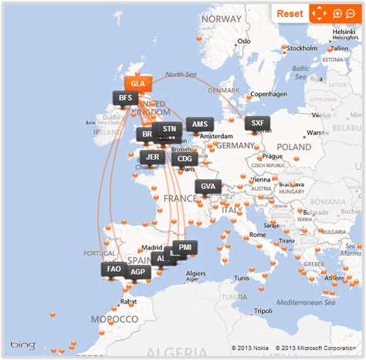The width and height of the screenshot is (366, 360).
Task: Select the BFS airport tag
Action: [x=124, y=98]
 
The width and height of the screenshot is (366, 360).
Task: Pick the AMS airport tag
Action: [x=200, y=124]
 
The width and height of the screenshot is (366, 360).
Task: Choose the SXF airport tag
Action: [x=258, y=123]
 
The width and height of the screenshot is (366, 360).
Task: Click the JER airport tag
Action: [x=153, y=156]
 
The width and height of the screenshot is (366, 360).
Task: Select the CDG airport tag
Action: [x=185, y=159]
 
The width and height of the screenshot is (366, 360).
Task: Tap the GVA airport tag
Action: [x=208, y=186]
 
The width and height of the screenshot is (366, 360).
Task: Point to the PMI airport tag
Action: [x=185, y=247]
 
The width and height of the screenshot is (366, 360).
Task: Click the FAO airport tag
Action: [x=114, y=269]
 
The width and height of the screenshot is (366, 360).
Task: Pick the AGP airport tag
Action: [x=137, y=272]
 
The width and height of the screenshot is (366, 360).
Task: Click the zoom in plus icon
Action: [x=337, y=13]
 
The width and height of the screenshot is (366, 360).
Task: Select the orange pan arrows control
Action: [x=317, y=13]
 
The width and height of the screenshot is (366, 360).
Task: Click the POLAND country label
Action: [x=293, y=146]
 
